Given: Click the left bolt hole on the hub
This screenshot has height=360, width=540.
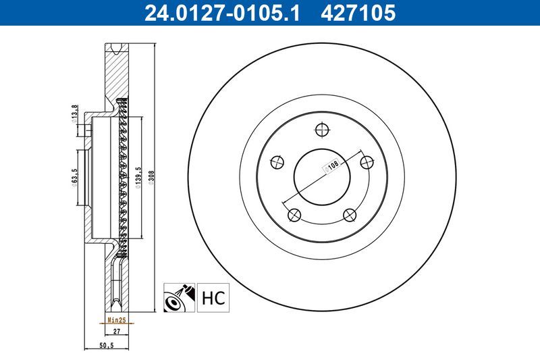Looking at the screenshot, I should (x=275, y=162).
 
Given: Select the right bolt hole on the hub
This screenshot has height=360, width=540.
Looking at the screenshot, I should (x=367, y=162).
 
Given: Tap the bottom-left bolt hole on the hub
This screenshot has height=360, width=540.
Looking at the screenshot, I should (x=293, y=215).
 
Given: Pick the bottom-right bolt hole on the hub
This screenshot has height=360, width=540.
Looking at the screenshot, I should (x=349, y=215).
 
